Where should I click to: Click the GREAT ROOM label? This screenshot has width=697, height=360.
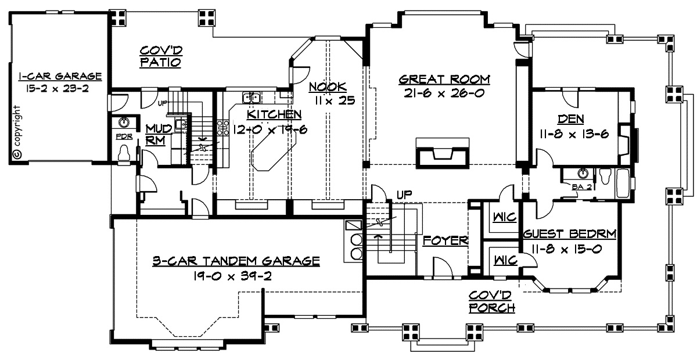pos(444,80)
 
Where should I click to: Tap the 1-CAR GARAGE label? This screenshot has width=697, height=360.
pos(60,76)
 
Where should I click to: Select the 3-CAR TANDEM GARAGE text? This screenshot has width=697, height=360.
pos(236,261)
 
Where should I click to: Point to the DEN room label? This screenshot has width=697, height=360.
pos(571,119)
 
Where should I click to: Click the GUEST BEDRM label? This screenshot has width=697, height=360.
pos(570,234)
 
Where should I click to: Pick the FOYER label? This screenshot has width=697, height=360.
pos(445,240)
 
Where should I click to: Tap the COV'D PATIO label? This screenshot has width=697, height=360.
pos(161,56)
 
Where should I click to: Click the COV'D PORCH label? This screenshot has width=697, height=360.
pos(492,302)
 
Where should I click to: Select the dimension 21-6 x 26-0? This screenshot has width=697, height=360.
pos(444,93)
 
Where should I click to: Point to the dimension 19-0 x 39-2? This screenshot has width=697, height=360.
pos(232,276)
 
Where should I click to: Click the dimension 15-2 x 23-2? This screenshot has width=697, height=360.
pos(58,89)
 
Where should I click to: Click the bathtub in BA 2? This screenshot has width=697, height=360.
pos(623,183)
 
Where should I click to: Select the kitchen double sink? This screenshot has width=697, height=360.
pos(252,98)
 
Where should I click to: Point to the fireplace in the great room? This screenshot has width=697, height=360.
pos(443,153)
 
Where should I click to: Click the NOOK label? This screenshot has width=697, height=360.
pos(328,87)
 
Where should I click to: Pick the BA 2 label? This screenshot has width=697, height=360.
pos(581,187)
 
